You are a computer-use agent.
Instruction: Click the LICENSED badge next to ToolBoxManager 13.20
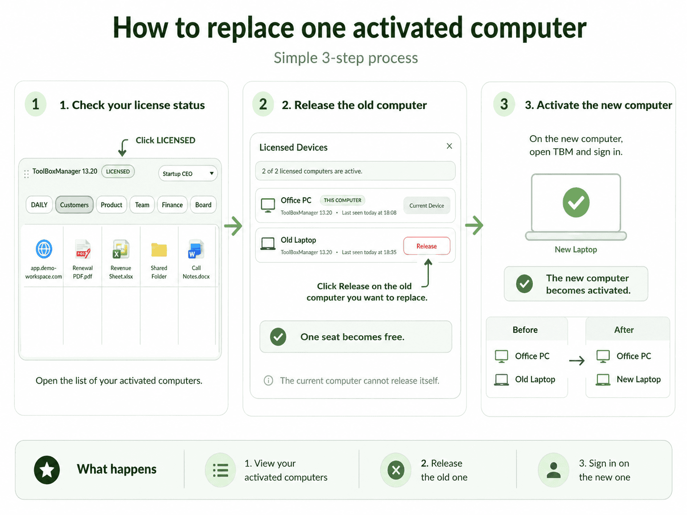[x=118, y=171]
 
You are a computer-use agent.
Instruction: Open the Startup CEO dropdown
[x=188, y=174]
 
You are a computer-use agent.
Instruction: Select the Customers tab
[x=74, y=205]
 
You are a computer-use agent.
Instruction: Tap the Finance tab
[x=172, y=205]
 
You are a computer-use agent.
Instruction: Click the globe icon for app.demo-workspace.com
[x=44, y=249]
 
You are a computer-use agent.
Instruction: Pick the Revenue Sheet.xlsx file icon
[x=121, y=249]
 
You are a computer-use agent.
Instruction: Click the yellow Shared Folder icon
[x=159, y=249]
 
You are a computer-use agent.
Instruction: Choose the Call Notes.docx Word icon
[x=196, y=249]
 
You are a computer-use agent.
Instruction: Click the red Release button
[x=427, y=246]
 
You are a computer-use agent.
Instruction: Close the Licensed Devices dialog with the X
[x=449, y=146]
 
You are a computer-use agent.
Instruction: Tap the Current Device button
[x=427, y=205]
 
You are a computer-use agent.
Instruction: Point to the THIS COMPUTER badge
[x=343, y=200]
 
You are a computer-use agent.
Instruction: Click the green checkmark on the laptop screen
[x=576, y=202]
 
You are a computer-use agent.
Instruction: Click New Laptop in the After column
[x=639, y=379]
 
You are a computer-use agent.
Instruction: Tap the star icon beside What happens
[x=47, y=469]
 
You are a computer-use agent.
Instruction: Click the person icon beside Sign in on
[x=553, y=470]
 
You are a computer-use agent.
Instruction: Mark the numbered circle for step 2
[x=263, y=104]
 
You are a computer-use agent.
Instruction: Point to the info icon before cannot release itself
[x=268, y=380]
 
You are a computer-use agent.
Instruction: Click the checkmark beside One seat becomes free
[x=278, y=337]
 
